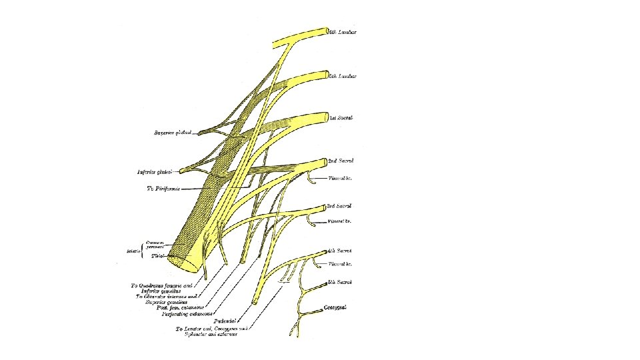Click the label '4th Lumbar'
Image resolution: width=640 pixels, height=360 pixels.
[x=343, y=33]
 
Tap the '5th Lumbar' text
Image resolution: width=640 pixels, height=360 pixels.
[x=343, y=76]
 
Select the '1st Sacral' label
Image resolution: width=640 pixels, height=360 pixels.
[x=341, y=118]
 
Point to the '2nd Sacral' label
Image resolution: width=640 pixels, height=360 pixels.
[x=341, y=161]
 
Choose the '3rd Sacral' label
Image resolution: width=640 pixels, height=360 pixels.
[x=340, y=207]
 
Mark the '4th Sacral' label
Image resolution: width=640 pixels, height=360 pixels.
[x=340, y=251]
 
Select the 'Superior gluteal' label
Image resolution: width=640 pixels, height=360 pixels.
[x=173, y=133]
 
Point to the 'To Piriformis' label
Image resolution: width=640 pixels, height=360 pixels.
[x=163, y=189]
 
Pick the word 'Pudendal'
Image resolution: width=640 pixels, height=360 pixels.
[x=227, y=321]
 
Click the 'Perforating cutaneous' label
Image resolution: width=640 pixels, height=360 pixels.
[x=189, y=313]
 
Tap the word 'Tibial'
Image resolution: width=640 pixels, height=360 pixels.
[x=159, y=255]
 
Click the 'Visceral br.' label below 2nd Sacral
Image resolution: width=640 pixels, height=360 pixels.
[x=341, y=179]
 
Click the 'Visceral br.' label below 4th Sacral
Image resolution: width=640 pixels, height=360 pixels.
[x=340, y=264]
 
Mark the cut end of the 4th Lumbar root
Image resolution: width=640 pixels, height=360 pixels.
[x=327, y=31]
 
